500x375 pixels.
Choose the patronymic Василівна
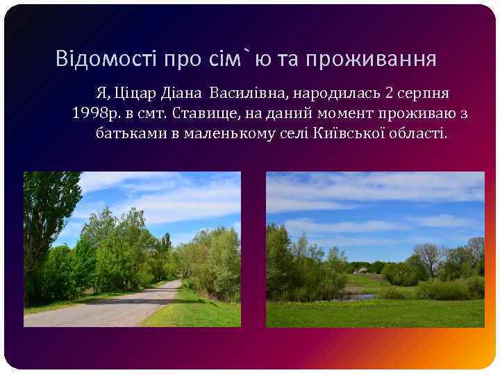243,92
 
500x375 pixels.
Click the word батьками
130,133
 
